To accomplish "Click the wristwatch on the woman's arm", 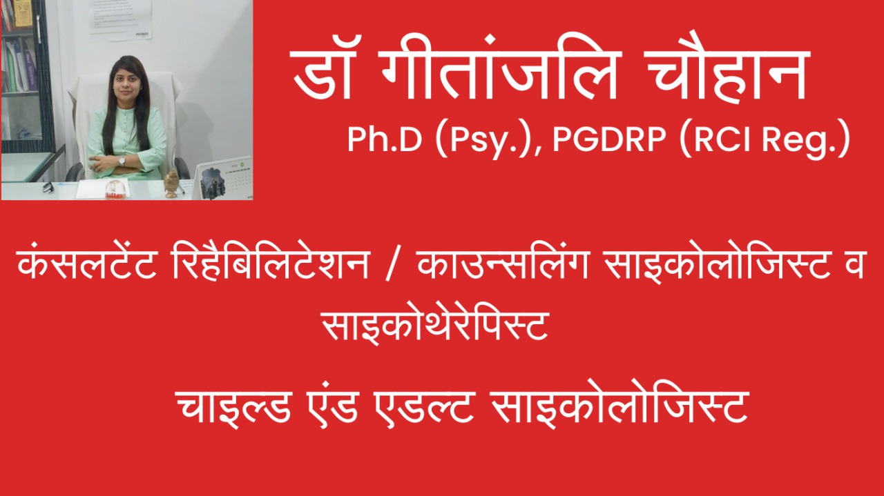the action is coord(122,161).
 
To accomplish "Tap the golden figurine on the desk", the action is coord(172,183).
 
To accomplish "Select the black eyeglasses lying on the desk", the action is coord(48,187).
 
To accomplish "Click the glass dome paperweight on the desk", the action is coord(115,189).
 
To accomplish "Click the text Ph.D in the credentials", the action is coord(385,139).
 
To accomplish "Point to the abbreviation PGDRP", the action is coord(609,139).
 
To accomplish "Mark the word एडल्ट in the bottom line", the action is coord(424,406).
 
